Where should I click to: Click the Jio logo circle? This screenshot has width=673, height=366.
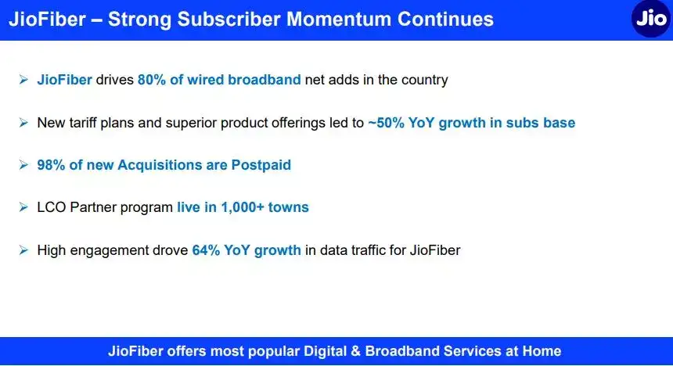click(651, 20)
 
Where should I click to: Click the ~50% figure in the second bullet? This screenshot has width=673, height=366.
click(389, 123)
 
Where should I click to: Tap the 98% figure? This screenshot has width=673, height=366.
click(52, 165)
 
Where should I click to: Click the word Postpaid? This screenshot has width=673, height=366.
click(261, 165)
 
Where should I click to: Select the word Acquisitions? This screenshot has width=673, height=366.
click(158, 165)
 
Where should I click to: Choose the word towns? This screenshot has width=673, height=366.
click(290, 208)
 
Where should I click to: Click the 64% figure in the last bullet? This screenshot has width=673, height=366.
click(207, 250)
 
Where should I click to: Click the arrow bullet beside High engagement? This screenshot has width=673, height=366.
click(23, 250)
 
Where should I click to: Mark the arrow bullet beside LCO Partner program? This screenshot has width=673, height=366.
click(23, 208)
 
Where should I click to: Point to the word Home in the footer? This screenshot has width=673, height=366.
click(542, 352)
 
